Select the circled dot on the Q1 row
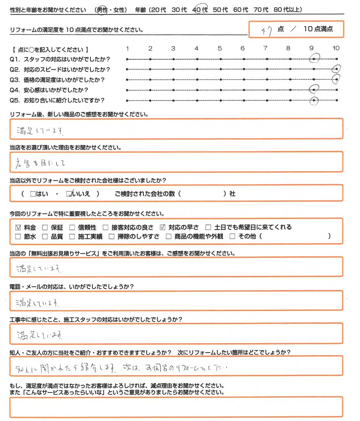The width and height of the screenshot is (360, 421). pos(314,59)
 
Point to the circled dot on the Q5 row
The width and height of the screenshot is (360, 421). pos(314,101)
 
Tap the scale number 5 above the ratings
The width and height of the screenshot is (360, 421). pos(219,48)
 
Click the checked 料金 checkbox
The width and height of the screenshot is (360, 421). pos(18,227)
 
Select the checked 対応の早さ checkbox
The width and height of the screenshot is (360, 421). pos(162,227)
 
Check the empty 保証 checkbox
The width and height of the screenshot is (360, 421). pos(45,227)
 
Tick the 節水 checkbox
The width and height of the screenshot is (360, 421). pos(18,237)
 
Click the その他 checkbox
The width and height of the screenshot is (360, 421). pos(232,237)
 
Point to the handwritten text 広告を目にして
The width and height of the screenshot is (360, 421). pos(41,163)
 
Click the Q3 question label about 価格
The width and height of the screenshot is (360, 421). pos(60,80)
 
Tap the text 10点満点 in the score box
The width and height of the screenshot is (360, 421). pos(318,30)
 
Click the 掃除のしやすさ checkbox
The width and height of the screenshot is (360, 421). pos(112,237)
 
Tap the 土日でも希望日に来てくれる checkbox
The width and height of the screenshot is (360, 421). pos(208,227)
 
